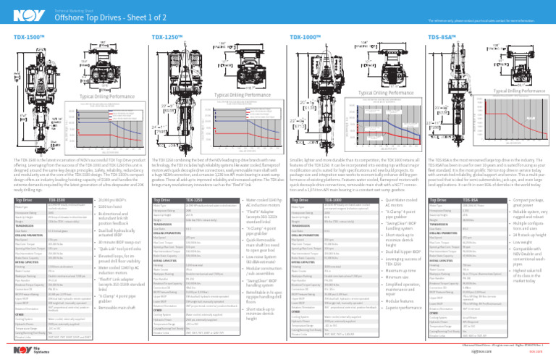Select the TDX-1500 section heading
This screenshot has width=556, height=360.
pos(18,35)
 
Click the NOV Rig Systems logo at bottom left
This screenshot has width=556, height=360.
pos(15,347)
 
